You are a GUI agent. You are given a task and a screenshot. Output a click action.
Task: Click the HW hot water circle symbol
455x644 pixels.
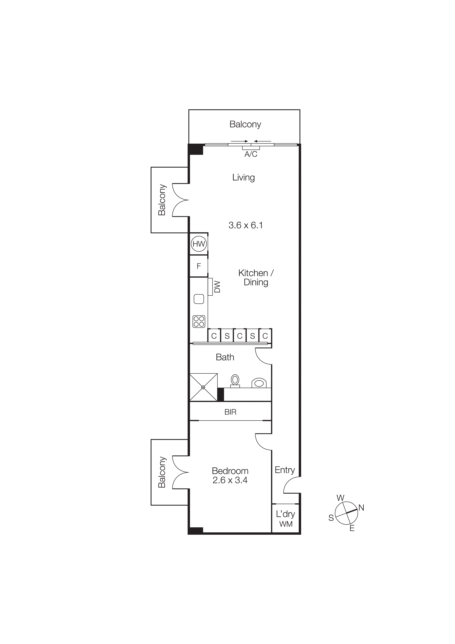click(x=199, y=244)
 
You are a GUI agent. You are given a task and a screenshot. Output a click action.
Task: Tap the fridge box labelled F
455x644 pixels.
click(x=199, y=266)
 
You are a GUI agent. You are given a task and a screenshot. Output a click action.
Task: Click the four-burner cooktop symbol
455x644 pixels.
click(x=199, y=321)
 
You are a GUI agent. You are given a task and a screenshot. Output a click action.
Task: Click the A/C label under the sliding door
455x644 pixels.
click(x=251, y=154)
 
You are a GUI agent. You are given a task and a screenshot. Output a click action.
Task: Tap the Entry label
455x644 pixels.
click(x=284, y=470)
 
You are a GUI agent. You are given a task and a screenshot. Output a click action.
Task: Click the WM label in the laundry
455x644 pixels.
click(x=286, y=524)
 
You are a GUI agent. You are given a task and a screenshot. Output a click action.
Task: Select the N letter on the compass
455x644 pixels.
click(x=361, y=507)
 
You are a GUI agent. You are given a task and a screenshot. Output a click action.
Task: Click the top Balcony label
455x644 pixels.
click(x=245, y=124)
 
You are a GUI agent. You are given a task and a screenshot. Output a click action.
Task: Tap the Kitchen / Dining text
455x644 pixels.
click(x=256, y=277)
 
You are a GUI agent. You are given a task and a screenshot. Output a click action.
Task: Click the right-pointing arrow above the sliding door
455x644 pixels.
click(x=240, y=141)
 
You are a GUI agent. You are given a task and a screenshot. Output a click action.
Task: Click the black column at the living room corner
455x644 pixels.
click(x=196, y=149)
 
